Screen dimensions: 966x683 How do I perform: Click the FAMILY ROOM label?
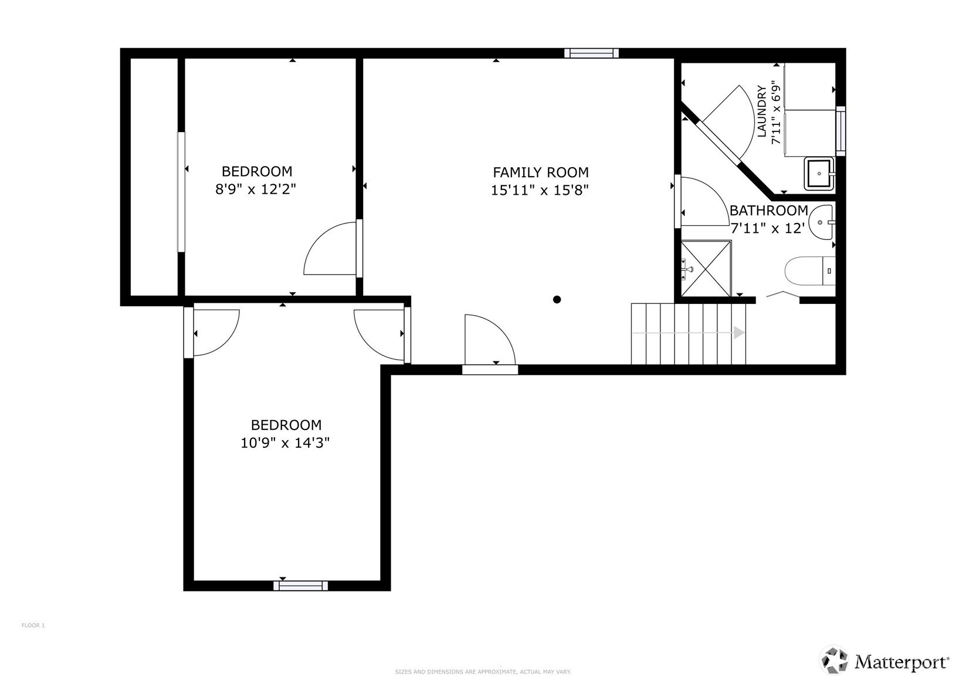tap(541, 173)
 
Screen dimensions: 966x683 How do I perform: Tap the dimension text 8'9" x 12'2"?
tap(256, 189)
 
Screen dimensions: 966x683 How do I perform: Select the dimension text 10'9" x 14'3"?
tap(285, 442)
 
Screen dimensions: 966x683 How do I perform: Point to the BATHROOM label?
tap(768, 211)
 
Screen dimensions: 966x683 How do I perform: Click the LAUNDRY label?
tap(762, 111)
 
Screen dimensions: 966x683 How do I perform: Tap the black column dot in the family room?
tap(557, 299)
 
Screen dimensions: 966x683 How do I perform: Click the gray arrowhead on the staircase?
tap(739, 333)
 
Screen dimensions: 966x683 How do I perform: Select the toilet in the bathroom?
tap(810, 271)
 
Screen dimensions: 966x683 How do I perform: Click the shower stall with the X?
tap(706, 269)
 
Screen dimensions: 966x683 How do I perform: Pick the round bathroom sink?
tap(821, 222)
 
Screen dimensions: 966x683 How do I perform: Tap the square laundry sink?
tap(819, 174)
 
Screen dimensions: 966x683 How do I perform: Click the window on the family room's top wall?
tap(592, 53)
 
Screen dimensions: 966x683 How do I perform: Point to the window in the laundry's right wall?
tap(841, 131)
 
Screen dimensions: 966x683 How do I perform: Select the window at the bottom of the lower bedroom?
tap(300, 586)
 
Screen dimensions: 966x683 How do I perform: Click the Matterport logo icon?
tap(835, 661)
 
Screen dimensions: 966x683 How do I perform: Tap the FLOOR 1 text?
tap(33, 625)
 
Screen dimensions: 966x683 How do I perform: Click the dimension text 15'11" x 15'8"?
tap(540, 190)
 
